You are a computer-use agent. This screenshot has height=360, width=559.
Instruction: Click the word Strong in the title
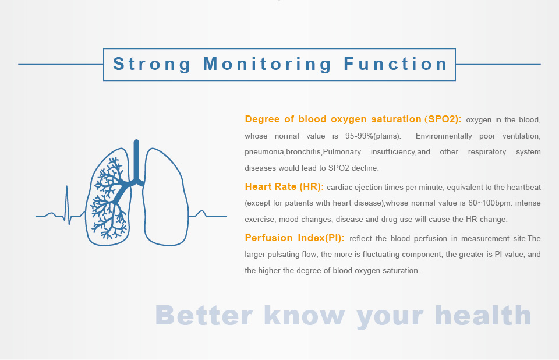pyautogui.click(x=152, y=65)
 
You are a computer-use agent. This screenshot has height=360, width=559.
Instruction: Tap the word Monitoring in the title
pyautogui.click(x=267, y=65)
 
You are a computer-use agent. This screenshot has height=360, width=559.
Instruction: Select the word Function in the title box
pyautogui.click(x=396, y=64)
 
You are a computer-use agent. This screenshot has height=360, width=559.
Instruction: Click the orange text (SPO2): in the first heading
pyautogui.click(x=443, y=119)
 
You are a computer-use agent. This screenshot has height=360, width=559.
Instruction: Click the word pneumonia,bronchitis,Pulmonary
pyautogui.click(x=303, y=152)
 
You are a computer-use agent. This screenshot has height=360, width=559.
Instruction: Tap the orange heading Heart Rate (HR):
pyautogui.click(x=285, y=186)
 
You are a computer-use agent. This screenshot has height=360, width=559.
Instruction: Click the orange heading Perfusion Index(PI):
pyautogui.click(x=295, y=238)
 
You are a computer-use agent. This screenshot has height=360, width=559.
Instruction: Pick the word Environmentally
pyautogui.click(x=444, y=136)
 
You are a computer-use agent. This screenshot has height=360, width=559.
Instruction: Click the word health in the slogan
pyautogui.click(x=483, y=315)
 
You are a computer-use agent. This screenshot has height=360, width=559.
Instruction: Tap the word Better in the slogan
pyautogui.click(x=204, y=315)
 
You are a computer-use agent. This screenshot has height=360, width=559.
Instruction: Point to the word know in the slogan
pyautogui.click(x=305, y=315)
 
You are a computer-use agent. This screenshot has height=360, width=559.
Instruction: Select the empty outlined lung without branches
pyautogui.click(x=165, y=197)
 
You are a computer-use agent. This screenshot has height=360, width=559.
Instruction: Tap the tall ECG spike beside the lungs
pyautogui.click(x=66, y=204)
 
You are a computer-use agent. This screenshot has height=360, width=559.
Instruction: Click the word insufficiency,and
pyautogui.click(x=401, y=152)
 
